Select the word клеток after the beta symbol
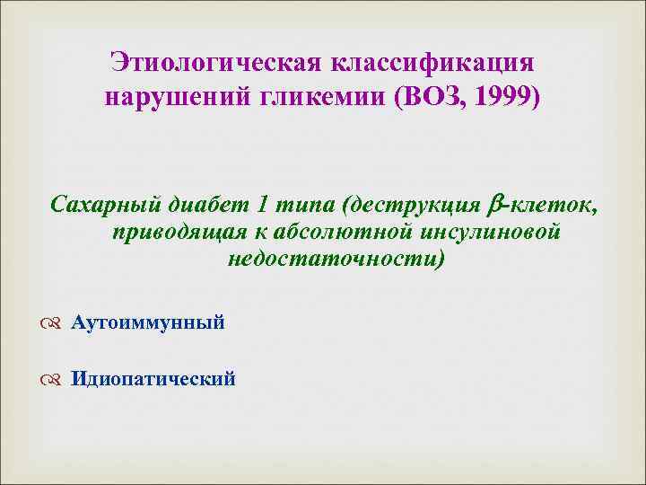click(555, 205)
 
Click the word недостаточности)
click(336, 260)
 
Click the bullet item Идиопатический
click(153, 379)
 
